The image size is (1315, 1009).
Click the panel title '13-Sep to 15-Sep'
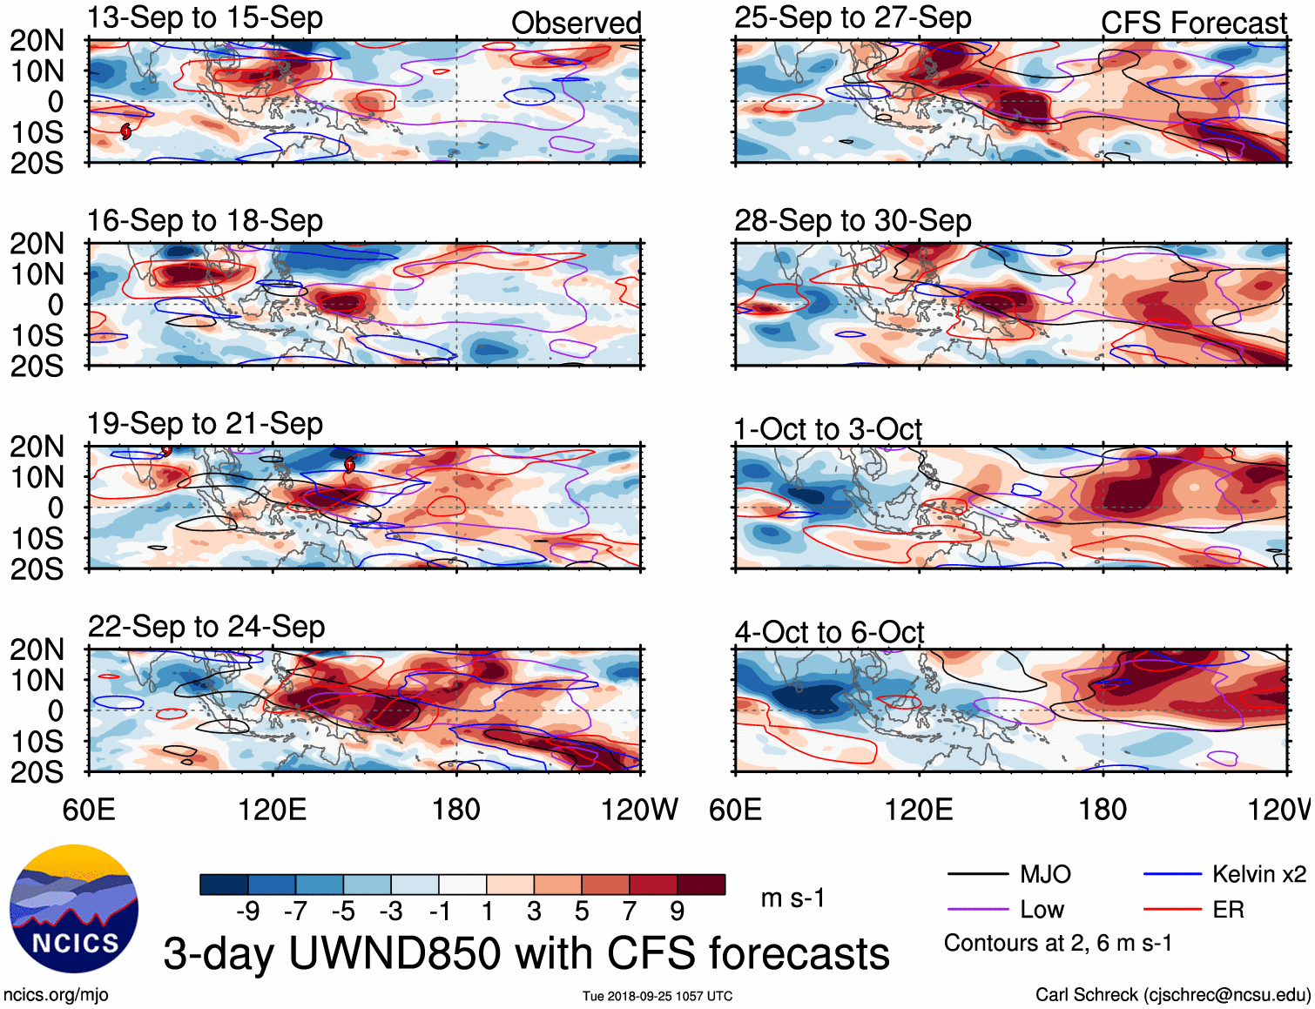click(205, 17)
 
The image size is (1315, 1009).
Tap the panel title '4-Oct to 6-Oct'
click(829, 632)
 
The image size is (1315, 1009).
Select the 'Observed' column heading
click(576, 23)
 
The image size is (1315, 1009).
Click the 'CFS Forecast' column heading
click(1193, 23)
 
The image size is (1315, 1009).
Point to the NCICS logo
click(74, 909)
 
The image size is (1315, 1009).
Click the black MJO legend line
click(977, 874)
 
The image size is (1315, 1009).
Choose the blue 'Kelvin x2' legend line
click(1172, 874)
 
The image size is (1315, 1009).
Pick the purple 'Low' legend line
click(977, 910)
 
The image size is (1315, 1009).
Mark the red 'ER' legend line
click(1172, 910)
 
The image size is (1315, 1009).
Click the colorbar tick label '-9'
click(247, 911)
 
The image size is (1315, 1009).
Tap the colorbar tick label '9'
click(677, 911)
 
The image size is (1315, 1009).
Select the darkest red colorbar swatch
click(701, 885)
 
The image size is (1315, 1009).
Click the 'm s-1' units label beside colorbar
click(792, 898)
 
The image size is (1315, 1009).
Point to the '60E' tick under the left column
click(89, 810)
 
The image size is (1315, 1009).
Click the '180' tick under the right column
click(1103, 810)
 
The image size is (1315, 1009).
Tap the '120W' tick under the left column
click(639, 810)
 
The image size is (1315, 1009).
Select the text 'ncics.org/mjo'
click(56, 994)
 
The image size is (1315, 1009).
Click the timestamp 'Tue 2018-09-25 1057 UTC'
click(657, 996)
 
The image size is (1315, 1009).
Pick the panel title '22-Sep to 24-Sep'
click(206, 627)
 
